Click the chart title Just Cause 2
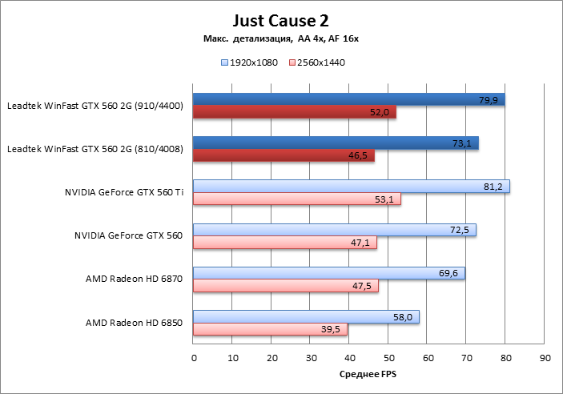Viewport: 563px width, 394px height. coord(281,19)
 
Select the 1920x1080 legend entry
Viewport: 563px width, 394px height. coord(248,62)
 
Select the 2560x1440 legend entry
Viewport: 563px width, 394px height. coord(316,62)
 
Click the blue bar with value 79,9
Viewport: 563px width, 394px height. coord(348,99)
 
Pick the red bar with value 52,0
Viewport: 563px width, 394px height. coord(294,112)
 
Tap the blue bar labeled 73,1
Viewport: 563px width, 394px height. coord(335,143)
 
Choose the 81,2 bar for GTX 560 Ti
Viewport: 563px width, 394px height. coord(351,187)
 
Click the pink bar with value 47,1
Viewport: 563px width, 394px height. coord(284,243)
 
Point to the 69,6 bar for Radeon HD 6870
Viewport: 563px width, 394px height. coord(328,274)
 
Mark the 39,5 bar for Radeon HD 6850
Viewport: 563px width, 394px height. coord(270,329)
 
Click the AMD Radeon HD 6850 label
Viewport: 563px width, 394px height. coord(135,323)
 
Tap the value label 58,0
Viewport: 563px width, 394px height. coord(404,317)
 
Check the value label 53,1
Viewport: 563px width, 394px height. coord(385,199)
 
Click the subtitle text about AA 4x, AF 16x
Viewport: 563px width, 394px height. coord(281,39)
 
